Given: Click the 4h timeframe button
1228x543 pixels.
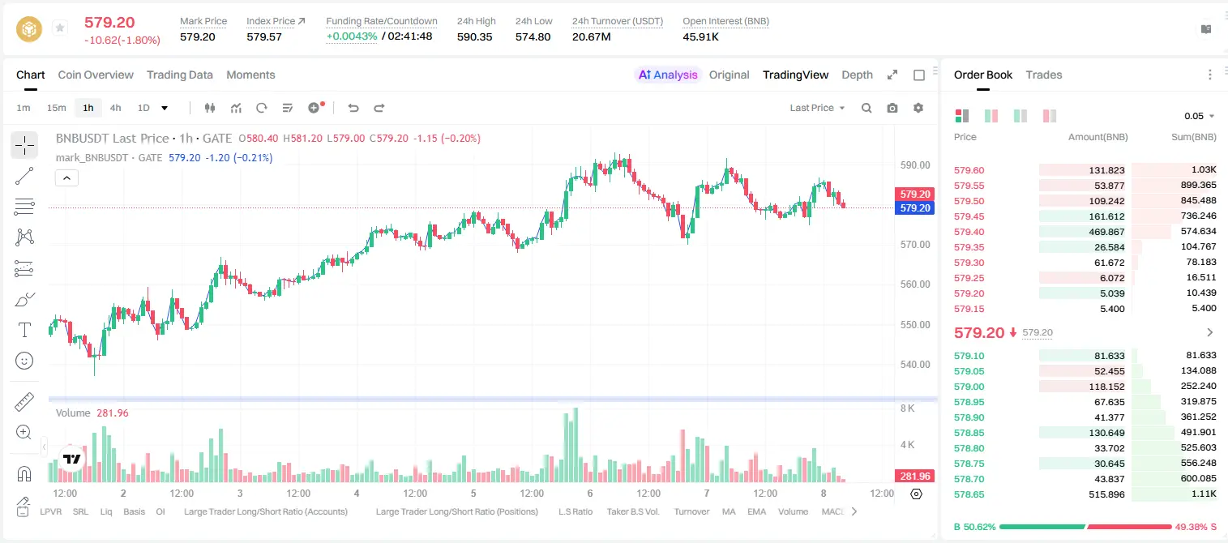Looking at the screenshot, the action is click(x=115, y=108).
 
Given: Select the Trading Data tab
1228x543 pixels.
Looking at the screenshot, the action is click(x=180, y=75).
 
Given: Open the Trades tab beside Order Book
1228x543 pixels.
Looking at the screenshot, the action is click(x=1044, y=75).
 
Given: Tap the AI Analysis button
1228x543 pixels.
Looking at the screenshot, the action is click(x=668, y=75).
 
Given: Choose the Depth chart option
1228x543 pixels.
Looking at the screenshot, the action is click(x=857, y=75).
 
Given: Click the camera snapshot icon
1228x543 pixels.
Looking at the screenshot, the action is click(x=892, y=108).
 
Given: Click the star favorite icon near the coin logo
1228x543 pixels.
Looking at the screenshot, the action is click(x=60, y=28).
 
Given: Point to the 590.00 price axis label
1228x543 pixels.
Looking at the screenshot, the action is click(x=915, y=165).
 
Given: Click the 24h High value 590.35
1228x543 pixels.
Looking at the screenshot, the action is click(x=475, y=36).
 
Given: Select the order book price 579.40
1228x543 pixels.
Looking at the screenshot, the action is click(x=969, y=232).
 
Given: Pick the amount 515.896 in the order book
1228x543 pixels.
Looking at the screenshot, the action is click(x=1106, y=494).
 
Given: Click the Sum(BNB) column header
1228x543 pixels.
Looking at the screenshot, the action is click(x=1193, y=137).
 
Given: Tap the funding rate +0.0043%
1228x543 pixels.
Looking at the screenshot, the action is click(x=352, y=36).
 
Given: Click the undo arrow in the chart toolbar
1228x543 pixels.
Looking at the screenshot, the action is click(x=353, y=108).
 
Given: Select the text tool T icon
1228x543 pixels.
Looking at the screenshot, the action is click(x=24, y=330).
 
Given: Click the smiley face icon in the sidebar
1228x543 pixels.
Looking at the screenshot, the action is click(x=24, y=361).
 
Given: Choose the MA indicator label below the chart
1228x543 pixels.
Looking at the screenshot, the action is click(x=729, y=511).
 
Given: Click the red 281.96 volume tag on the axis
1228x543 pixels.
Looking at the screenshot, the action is click(x=914, y=477).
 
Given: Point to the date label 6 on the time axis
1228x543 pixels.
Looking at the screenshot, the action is click(x=590, y=493).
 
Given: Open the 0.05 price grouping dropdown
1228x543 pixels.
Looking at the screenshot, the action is click(x=1199, y=116).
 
